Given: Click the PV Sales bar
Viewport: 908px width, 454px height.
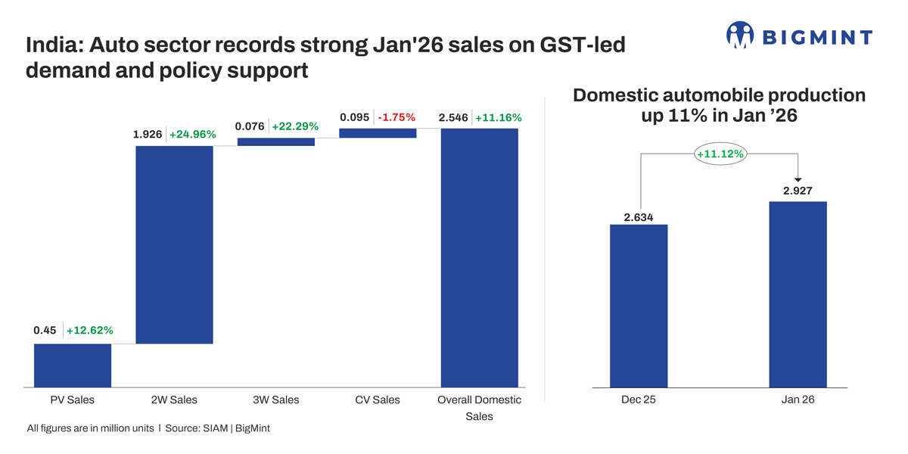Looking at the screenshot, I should click(x=73, y=365).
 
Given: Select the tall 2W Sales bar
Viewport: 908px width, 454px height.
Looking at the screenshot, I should click(x=174, y=244).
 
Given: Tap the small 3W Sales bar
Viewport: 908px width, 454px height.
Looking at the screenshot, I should click(x=275, y=141).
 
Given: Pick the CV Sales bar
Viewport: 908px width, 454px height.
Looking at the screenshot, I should click(x=378, y=133).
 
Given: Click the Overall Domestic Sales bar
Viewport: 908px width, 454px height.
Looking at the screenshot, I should click(x=479, y=257).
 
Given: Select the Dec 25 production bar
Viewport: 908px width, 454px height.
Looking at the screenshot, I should click(x=639, y=306).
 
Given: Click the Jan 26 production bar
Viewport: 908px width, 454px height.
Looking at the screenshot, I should click(x=798, y=294).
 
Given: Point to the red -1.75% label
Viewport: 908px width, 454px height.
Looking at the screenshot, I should click(x=396, y=117).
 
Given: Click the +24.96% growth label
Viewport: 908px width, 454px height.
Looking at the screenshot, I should click(x=192, y=135).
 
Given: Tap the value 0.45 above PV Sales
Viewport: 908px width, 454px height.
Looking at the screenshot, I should click(x=45, y=330).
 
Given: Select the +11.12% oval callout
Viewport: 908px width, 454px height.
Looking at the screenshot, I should click(x=720, y=154).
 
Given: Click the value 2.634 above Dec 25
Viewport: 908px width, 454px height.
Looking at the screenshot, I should click(x=639, y=217).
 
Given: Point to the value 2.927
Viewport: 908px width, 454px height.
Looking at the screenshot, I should click(x=798, y=191).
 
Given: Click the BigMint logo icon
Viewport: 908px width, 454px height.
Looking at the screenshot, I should click(x=740, y=35).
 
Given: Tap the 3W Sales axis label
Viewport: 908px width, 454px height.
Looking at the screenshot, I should click(x=275, y=400).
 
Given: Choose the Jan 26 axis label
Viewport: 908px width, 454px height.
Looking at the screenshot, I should click(x=798, y=400).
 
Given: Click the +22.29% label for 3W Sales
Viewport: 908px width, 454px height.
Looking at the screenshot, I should click(x=295, y=126).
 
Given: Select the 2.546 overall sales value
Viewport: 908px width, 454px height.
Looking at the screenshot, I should click(x=453, y=117).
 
